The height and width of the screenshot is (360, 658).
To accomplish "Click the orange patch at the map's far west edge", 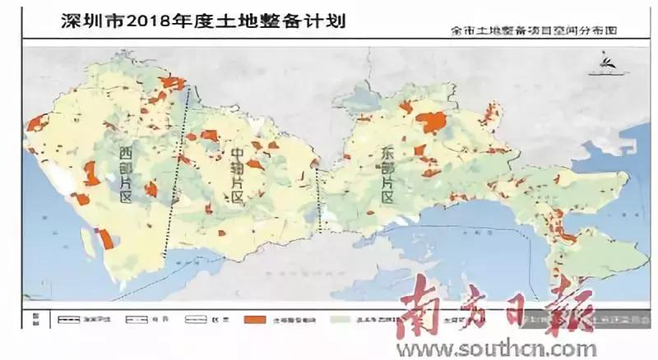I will (x=34, y=123).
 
